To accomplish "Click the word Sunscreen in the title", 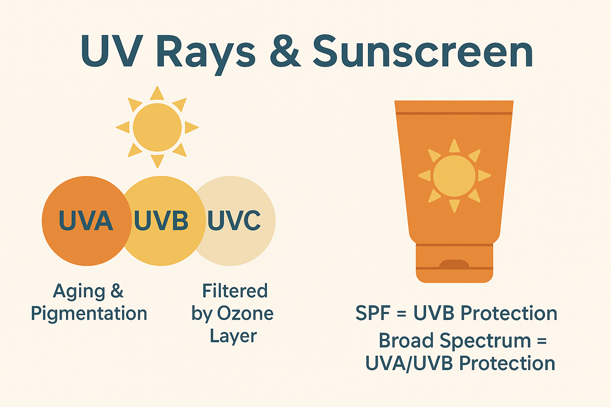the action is click(423, 51).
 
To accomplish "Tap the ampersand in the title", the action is click(285, 51).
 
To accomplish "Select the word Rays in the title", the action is click(206, 54).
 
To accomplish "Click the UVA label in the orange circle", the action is click(86, 220).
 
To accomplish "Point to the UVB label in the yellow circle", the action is click(161, 220).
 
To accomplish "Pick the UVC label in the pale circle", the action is click(234, 220).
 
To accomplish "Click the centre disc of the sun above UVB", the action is click(157, 127).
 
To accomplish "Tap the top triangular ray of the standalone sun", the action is click(157, 93).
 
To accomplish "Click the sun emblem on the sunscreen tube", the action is click(454, 176).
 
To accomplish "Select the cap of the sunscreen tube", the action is click(454, 263).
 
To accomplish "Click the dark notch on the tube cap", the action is click(454, 264).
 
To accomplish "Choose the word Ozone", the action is click(245, 314).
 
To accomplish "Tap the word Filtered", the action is click(235, 291).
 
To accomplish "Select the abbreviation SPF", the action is click(373, 313).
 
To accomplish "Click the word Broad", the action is click(406, 340).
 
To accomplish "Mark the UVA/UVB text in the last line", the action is click(409, 363).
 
